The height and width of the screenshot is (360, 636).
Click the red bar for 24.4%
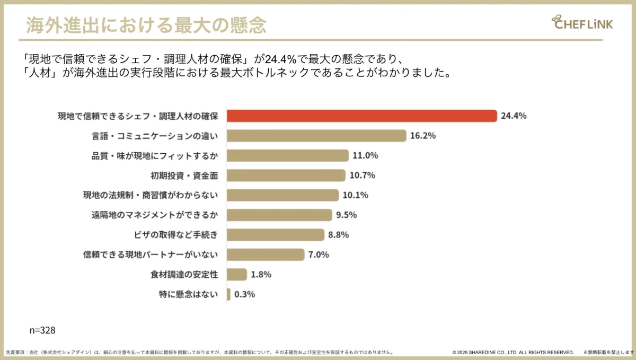pyautogui.click(x=361, y=116)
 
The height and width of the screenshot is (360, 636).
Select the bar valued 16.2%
pyautogui.click(x=316, y=136)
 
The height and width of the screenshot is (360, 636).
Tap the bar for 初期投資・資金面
pyautogui.click(x=286, y=175)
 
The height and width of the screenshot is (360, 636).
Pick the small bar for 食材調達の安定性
pyautogui.click(x=237, y=274)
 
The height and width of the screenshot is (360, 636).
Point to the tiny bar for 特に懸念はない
pyautogui.click(x=228, y=294)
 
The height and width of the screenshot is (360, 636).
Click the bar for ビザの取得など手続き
pyautogui.click(x=276, y=235)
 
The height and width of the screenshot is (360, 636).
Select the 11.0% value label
pyautogui.click(x=365, y=156)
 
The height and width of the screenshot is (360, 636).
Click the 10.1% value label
pyautogui.click(x=355, y=195)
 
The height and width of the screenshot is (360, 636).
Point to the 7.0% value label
pyautogui.click(x=319, y=255)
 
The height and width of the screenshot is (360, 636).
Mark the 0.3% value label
pyautogui.click(x=244, y=294)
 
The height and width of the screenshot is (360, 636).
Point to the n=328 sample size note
pyautogui.click(x=42, y=330)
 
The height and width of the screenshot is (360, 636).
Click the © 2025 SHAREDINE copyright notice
pyautogui.click(x=513, y=353)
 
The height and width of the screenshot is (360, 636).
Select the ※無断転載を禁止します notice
pyautogui.click(x=608, y=353)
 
